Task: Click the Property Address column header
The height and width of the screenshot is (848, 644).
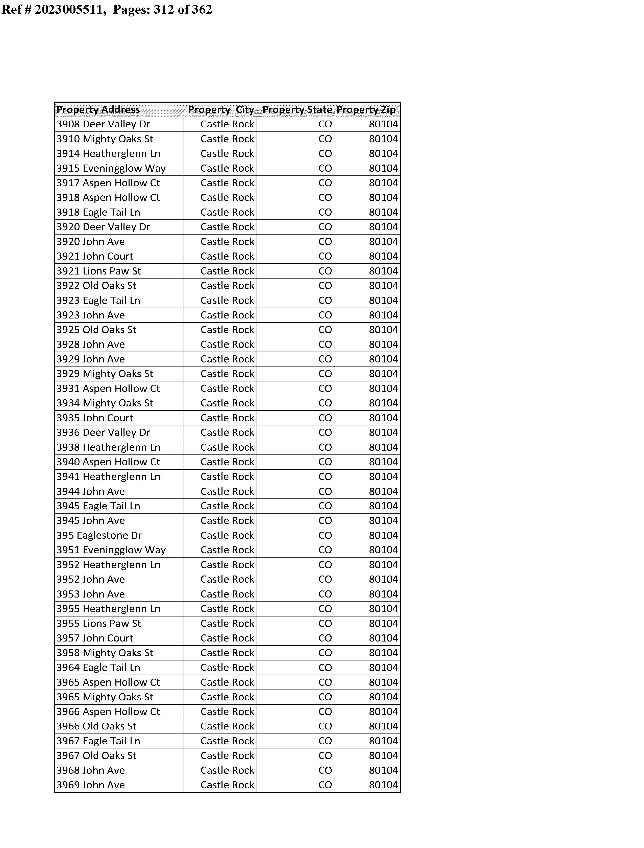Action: point(98,110)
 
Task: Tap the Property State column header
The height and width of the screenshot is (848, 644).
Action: point(297,110)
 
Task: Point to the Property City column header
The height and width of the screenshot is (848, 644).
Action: point(221,110)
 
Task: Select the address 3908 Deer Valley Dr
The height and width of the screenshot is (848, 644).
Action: point(103,124)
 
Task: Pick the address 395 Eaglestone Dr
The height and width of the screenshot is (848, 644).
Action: point(99,535)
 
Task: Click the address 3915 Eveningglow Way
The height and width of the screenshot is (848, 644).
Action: point(111,168)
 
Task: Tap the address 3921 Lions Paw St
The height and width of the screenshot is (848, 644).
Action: point(98,271)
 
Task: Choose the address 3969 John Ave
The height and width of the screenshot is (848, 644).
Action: point(90,785)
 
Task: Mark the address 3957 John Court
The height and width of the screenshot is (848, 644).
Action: point(95,638)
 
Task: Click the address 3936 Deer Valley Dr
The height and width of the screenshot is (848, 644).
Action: point(103,433)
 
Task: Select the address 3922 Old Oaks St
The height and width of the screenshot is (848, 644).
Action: point(96,286)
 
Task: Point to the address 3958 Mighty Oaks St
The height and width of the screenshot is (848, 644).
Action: point(105,653)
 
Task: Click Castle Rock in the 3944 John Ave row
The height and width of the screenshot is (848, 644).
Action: point(227,491)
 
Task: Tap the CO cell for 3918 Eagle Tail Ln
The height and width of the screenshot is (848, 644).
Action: point(325,213)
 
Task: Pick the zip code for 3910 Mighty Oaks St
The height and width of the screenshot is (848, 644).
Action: point(383,139)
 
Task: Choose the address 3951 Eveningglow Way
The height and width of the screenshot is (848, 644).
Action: point(111,550)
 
